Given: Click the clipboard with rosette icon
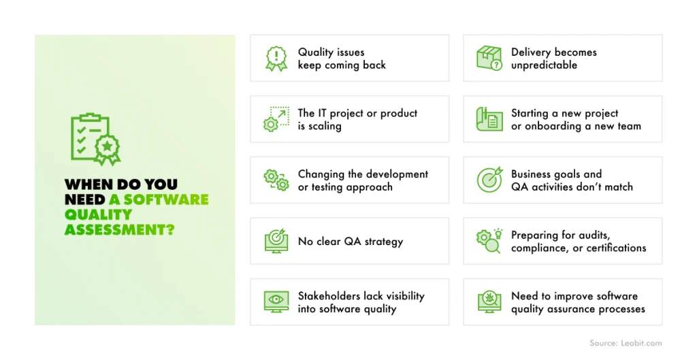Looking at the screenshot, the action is [x=95, y=139].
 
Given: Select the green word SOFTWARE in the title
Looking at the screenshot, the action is [x=166, y=199].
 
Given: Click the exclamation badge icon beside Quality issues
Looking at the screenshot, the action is [x=276, y=59].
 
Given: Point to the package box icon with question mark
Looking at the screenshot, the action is [x=489, y=59].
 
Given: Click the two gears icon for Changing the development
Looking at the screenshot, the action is [x=276, y=180].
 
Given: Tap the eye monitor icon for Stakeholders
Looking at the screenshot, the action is [x=276, y=301].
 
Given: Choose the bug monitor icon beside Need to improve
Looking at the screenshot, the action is [x=489, y=301].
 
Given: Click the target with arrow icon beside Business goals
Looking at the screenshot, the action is [x=489, y=180].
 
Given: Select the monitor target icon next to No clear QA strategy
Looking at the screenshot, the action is [x=276, y=241].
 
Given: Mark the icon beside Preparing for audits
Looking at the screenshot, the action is [x=489, y=241].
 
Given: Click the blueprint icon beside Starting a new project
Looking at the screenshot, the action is [x=489, y=119].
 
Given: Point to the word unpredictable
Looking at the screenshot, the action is [x=544, y=65].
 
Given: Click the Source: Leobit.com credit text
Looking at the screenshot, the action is [x=626, y=343].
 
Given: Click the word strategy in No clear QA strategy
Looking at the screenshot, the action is [x=384, y=242].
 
